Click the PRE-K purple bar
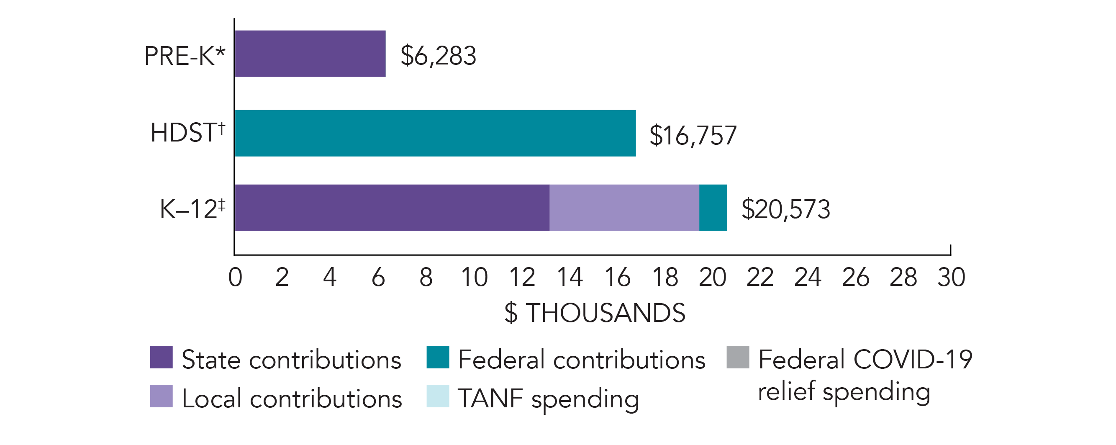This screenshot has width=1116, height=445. click(310, 54)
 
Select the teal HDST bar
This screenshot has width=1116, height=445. click(436, 133)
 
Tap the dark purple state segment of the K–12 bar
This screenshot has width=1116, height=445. click(392, 208)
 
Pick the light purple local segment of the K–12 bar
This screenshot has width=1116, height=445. click(624, 208)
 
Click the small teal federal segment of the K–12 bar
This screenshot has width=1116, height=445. click(713, 208)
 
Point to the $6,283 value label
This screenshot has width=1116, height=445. click(438, 55)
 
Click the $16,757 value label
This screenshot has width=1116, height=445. click(693, 135)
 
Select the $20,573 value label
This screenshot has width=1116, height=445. click(786, 209)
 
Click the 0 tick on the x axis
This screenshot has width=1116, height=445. click(235, 277)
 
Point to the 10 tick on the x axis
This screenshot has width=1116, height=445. click(475, 277)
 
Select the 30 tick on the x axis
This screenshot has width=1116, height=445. click(952, 277)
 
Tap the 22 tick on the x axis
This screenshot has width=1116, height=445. click(760, 277)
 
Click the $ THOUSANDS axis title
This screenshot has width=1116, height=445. click(595, 313)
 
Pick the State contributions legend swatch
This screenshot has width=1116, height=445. click(161, 357)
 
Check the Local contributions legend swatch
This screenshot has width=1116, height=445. click(161, 396)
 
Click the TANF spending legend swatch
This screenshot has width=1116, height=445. click(438, 396)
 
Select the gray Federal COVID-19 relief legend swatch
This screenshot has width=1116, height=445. click(738, 357)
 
